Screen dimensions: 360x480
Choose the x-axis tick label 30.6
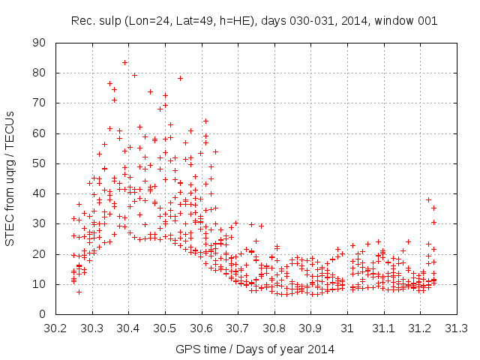pos(201,328)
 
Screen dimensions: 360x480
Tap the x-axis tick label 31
pos(347,328)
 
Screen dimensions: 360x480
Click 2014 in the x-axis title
pos(321,349)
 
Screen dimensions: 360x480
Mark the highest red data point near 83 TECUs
pos(125,62)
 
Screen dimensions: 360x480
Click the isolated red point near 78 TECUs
pos(180,78)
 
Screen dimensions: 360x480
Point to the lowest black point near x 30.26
pos(79,292)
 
